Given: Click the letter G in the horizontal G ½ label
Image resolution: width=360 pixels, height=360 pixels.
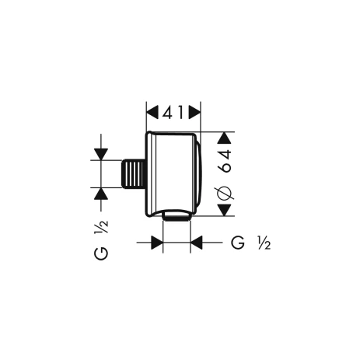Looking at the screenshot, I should (237, 243).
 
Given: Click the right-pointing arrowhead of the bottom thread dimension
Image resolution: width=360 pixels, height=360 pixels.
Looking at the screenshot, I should (156, 243).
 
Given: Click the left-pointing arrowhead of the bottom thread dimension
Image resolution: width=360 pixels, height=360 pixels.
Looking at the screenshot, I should (197, 243).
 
